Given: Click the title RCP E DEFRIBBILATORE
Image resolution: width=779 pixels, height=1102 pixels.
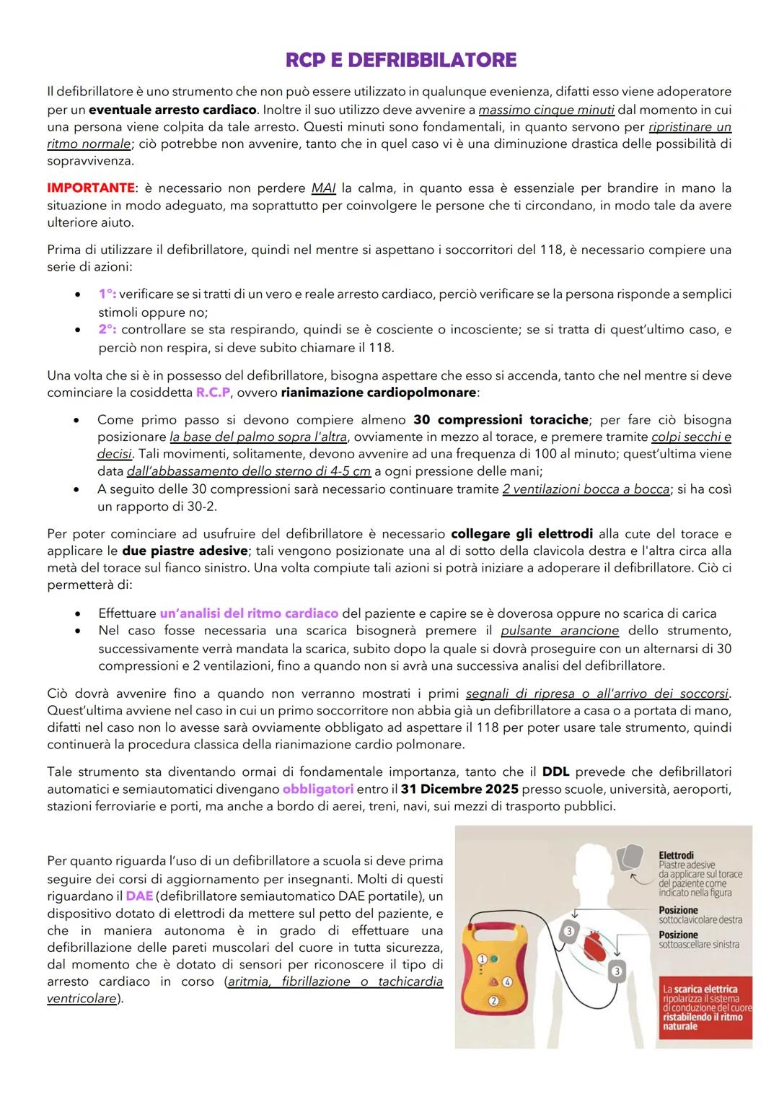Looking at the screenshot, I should tap(401, 60).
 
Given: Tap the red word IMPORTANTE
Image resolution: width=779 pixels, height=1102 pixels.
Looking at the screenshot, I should tap(91, 188).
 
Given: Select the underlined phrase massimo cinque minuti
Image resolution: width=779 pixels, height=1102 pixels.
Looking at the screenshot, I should tap(546, 110).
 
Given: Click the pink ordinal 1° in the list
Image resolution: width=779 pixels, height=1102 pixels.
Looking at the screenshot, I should tap(107, 294).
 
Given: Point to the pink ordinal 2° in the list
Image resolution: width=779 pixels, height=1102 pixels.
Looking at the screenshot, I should tap(107, 330).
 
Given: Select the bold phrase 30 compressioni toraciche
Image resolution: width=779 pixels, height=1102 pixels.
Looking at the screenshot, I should tap(501, 419).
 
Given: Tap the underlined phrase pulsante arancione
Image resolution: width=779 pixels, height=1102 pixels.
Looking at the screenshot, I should tap(560, 631).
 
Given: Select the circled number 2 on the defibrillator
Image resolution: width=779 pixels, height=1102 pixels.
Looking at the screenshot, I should tap(494, 1000).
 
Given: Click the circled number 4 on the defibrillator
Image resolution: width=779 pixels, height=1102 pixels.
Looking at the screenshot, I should tap(507, 981).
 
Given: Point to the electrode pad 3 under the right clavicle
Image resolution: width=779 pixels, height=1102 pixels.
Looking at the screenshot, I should tap(568, 932).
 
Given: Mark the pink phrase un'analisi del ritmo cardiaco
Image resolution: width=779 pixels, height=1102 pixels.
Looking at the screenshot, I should tap(249, 613).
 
